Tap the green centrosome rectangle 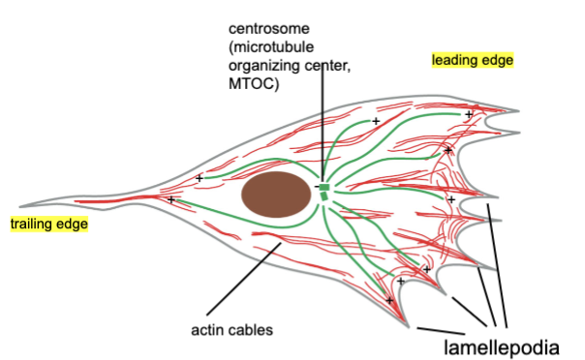point(325,187)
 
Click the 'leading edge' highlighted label point(472,60)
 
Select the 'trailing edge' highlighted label point(48,225)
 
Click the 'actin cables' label point(231,330)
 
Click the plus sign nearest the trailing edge point(171,199)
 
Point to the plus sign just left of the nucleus point(200,178)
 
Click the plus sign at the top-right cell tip point(468,114)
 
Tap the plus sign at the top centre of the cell point(376,122)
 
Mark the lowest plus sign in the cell point(390,300)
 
